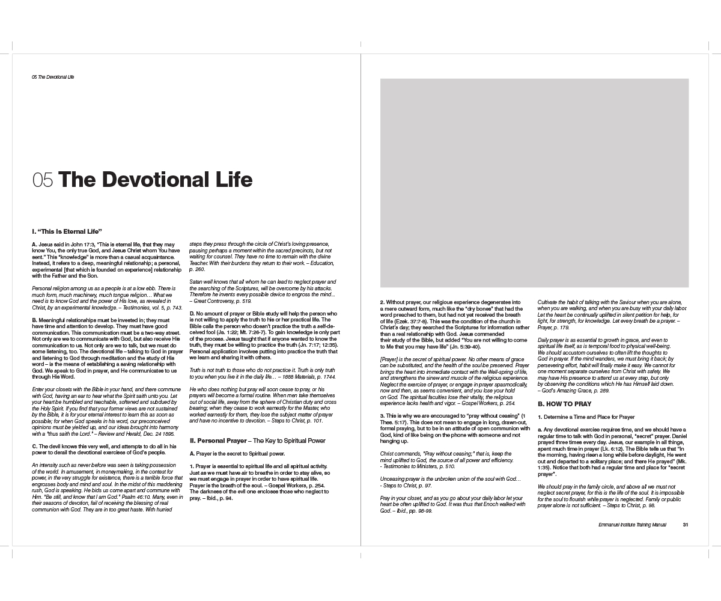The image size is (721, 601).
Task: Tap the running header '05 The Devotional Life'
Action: [53, 77]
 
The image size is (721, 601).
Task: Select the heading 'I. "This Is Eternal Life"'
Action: [67, 231]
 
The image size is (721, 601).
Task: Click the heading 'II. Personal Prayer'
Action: [220, 441]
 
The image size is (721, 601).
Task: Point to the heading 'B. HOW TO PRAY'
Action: [564, 404]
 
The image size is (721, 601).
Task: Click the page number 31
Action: [685, 525]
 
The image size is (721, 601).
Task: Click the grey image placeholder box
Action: [534, 183]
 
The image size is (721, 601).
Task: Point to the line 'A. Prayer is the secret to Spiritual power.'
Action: [237, 453]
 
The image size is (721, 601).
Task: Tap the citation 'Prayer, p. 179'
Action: [559, 328]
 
